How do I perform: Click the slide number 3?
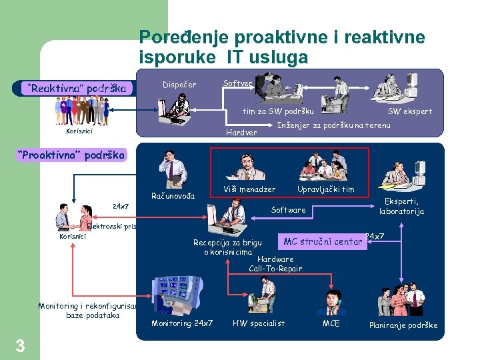tap(20, 345)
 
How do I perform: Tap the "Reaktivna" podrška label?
tap(77, 88)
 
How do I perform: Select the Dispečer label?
tap(179, 85)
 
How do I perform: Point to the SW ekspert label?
tap(410, 111)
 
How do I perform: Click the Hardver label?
tap(241, 132)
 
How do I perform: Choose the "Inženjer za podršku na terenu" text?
tap(333, 125)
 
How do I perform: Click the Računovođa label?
tap(173, 195)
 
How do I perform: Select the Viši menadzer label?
tap(249, 189)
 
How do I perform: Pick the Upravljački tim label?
tap(325, 189)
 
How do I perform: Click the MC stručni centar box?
tap(323, 241)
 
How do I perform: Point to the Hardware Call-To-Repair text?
tap(275, 263)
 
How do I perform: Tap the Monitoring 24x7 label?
tap(182, 323)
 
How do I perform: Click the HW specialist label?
tap(259, 323)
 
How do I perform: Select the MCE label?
tap(331, 323)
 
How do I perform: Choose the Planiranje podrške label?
tap(403, 325)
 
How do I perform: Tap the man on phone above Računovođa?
tap(171, 169)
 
